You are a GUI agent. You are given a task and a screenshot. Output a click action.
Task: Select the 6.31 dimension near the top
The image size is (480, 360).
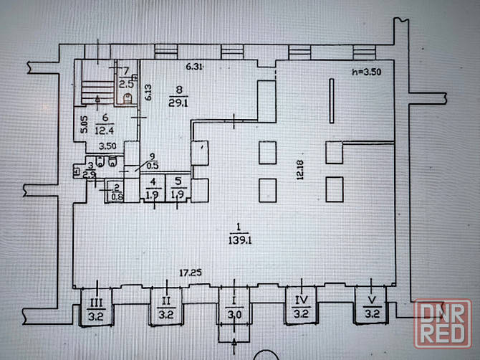[195, 67]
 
